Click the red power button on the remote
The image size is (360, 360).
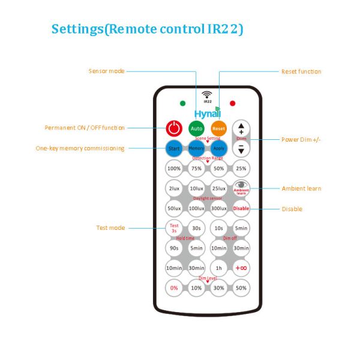pos(174,128)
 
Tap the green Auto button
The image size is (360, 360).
pos(196,128)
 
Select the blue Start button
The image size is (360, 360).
pos(174,148)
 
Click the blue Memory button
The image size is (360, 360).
pos(196,148)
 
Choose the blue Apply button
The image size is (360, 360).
pos(218,148)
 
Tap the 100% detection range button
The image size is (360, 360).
pos(174,169)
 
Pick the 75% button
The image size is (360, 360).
pos(196,169)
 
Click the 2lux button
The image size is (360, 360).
pos(174,188)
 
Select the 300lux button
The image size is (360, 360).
pos(218,208)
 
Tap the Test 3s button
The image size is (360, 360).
pos(174,228)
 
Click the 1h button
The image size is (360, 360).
pos(218,268)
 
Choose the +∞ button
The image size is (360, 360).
pos(241,268)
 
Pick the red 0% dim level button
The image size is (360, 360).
pos(174,287)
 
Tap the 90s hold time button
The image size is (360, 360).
pos(174,248)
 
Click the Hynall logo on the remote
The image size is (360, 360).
pos(207,114)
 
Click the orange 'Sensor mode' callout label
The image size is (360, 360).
pos(106,71)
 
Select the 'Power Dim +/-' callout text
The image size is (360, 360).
pos(301,140)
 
